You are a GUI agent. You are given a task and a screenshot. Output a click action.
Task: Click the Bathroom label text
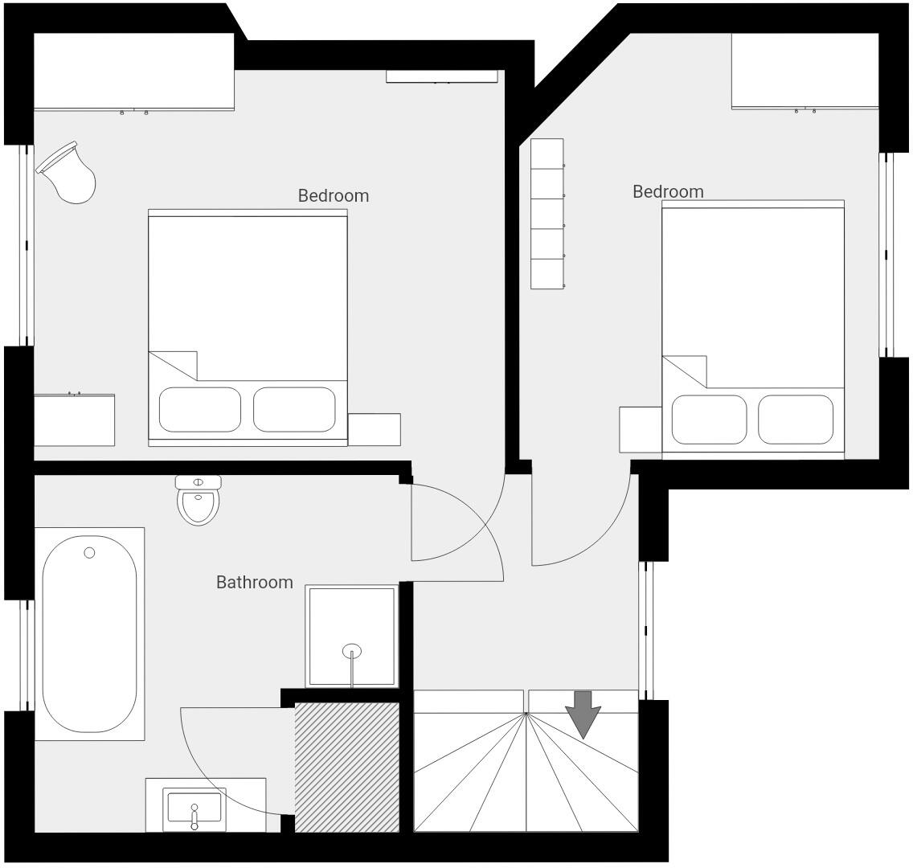(x=255, y=583)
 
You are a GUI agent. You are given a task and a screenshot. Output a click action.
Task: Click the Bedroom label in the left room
(x=334, y=195)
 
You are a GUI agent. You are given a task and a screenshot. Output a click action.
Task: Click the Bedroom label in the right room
(x=668, y=192)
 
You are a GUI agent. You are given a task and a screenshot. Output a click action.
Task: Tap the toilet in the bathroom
(x=198, y=502)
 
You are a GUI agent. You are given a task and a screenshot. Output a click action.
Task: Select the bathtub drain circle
(x=89, y=553)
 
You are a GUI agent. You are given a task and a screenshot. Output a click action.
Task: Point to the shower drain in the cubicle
(x=352, y=651)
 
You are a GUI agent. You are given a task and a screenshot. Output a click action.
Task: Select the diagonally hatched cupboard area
(x=346, y=768)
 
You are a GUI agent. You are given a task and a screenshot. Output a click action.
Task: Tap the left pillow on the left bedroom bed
(x=200, y=410)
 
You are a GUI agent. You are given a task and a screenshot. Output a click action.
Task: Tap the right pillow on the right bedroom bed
(x=796, y=420)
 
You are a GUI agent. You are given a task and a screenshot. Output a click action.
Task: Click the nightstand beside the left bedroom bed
(x=374, y=429)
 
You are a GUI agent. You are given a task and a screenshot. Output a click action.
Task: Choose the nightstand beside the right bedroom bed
(x=641, y=429)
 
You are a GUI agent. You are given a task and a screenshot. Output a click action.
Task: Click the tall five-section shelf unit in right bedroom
(x=547, y=214)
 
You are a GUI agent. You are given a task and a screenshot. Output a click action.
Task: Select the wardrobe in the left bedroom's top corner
(x=133, y=71)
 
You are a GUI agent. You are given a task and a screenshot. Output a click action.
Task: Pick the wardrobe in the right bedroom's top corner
(x=805, y=71)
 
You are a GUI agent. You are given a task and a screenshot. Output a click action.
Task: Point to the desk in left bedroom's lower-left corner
(x=74, y=420)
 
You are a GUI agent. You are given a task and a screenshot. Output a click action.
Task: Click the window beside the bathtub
(x=27, y=655)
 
